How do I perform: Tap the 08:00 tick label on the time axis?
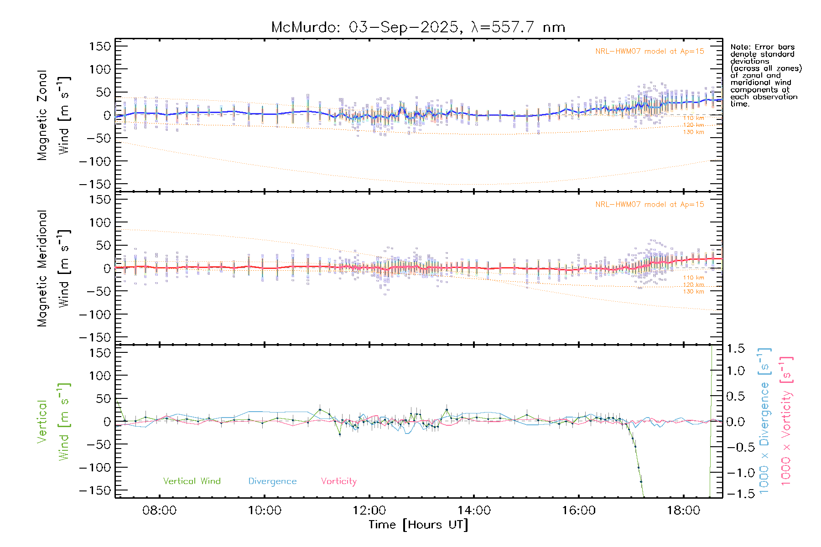click(x=159, y=510)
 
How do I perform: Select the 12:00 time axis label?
click(x=369, y=510)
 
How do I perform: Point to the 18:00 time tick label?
click(x=683, y=510)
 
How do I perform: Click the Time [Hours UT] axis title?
click(x=418, y=525)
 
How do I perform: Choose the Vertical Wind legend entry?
click(x=192, y=481)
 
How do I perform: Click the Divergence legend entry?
click(x=272, y=481)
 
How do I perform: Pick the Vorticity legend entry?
click(x=338, y=481)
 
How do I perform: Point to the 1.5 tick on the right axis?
click(x=736, y=349)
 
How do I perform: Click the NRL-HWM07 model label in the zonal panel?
click(x=650, y=52)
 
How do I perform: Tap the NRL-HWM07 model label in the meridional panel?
click(x=650, y=205)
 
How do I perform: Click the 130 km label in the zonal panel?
click(x=693, y=132)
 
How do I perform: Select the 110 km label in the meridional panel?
click(x=693, y=278)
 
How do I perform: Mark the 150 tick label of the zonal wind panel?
click(x=100, y=46)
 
